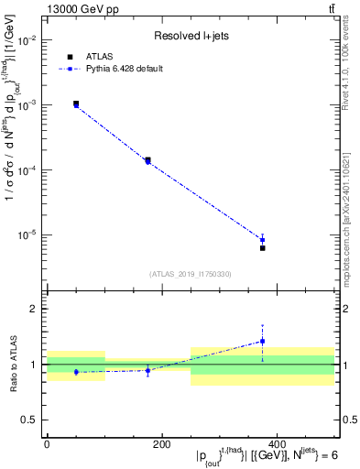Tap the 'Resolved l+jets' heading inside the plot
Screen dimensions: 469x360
(x=191, y=37)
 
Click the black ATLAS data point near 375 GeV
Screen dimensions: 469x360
(x=262, y=248)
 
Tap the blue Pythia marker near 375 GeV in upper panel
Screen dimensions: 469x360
(x=262, y=240)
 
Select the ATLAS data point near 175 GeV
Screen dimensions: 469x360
(x=147, y=160)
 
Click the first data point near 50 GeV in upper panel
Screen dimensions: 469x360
(x=76, y=104)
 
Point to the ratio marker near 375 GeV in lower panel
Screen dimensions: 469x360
(x=262, y=342)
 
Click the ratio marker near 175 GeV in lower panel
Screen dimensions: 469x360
(x=147, y=370)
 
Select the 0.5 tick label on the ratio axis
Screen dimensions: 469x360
(x=30, y=420)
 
